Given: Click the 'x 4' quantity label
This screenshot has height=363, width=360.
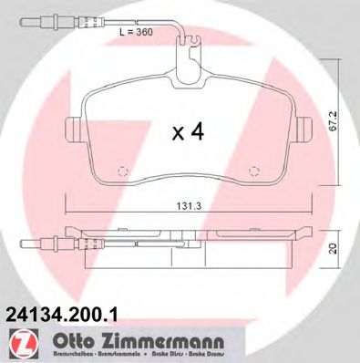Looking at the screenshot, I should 187,132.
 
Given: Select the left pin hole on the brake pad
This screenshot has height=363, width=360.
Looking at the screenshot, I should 125,170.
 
